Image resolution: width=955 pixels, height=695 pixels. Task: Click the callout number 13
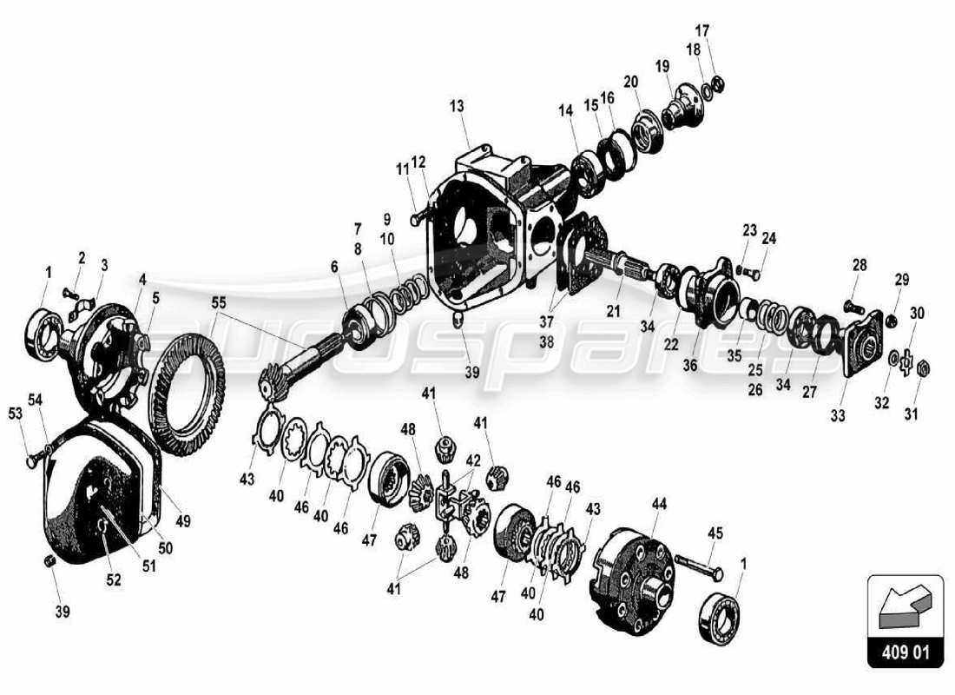tap(458, 106)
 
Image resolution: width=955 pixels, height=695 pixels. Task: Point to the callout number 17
tap(701, 31)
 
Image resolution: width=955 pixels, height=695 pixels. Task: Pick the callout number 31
tap(911, 414)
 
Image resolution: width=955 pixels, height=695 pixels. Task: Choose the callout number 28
tap(859, 264)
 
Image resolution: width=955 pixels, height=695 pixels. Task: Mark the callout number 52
tap(114, 580)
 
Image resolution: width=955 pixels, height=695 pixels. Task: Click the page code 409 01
tap(905, 652)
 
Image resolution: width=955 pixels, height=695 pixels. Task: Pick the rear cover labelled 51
tap(95, 495)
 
